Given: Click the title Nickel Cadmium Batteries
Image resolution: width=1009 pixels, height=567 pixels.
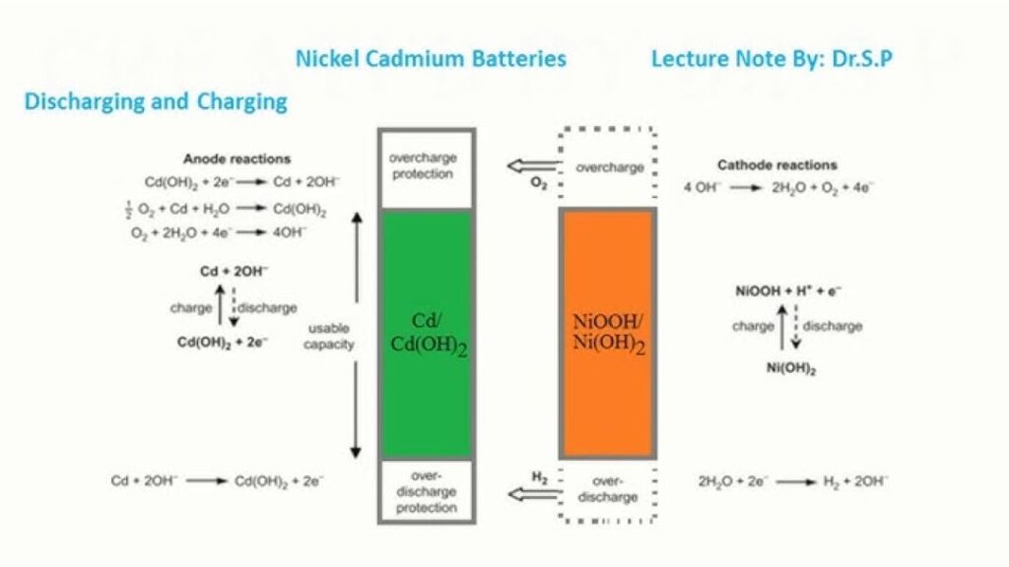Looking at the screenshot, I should pyautogui.click(x=431, y=59).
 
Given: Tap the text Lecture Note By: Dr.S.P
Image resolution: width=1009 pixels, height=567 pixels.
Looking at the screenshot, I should pyautogui.click(x=772, y=59).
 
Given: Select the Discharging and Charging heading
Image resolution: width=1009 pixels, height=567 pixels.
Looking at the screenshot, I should pyautogui.click(x=156, y=101).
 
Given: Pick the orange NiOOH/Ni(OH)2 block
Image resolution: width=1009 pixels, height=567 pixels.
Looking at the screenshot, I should pyautogui.click(x=607, y=335).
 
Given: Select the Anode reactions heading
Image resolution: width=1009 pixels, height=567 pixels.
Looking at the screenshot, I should pyautogui.click(x=237, y=158).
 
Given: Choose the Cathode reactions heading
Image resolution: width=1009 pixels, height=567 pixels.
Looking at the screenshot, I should pyautogui.click(x=776, y=165).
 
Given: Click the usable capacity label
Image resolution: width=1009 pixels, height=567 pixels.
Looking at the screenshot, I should pyautogui.click(x=328, y=337).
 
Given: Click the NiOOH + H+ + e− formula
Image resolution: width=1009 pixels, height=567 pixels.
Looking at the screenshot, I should pyautogui.click(x=787, y=291).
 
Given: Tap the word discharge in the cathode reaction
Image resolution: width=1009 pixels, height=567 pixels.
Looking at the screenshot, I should pyautogui.click(x=833, y=326).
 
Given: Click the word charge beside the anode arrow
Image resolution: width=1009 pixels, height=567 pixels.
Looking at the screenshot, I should pyautogui.click(x=190, y=307).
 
